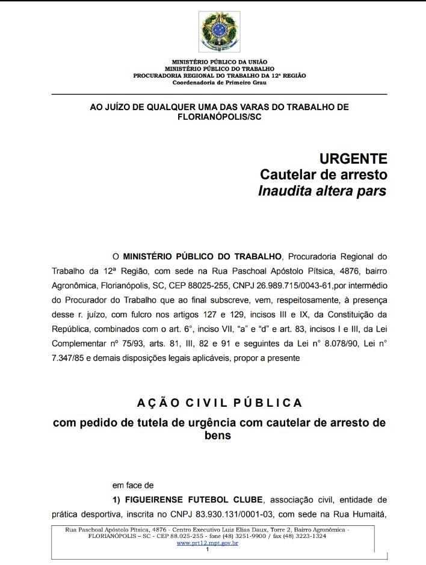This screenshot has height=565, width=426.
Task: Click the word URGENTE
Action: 353,159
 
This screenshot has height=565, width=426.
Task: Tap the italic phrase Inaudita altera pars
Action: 322,191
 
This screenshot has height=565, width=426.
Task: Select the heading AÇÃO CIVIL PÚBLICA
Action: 219,402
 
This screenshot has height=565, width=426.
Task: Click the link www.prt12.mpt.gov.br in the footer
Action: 208,543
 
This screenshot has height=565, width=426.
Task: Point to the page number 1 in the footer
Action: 207,549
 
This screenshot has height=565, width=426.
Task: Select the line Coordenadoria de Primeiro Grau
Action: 219,82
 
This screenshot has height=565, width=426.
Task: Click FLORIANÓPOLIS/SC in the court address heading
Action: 219,117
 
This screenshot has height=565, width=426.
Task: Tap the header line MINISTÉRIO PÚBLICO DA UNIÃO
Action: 219,62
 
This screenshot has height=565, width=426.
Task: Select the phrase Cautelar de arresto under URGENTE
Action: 323,174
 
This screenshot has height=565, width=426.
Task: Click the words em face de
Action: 134,484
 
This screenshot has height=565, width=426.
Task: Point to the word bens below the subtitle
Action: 219,435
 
